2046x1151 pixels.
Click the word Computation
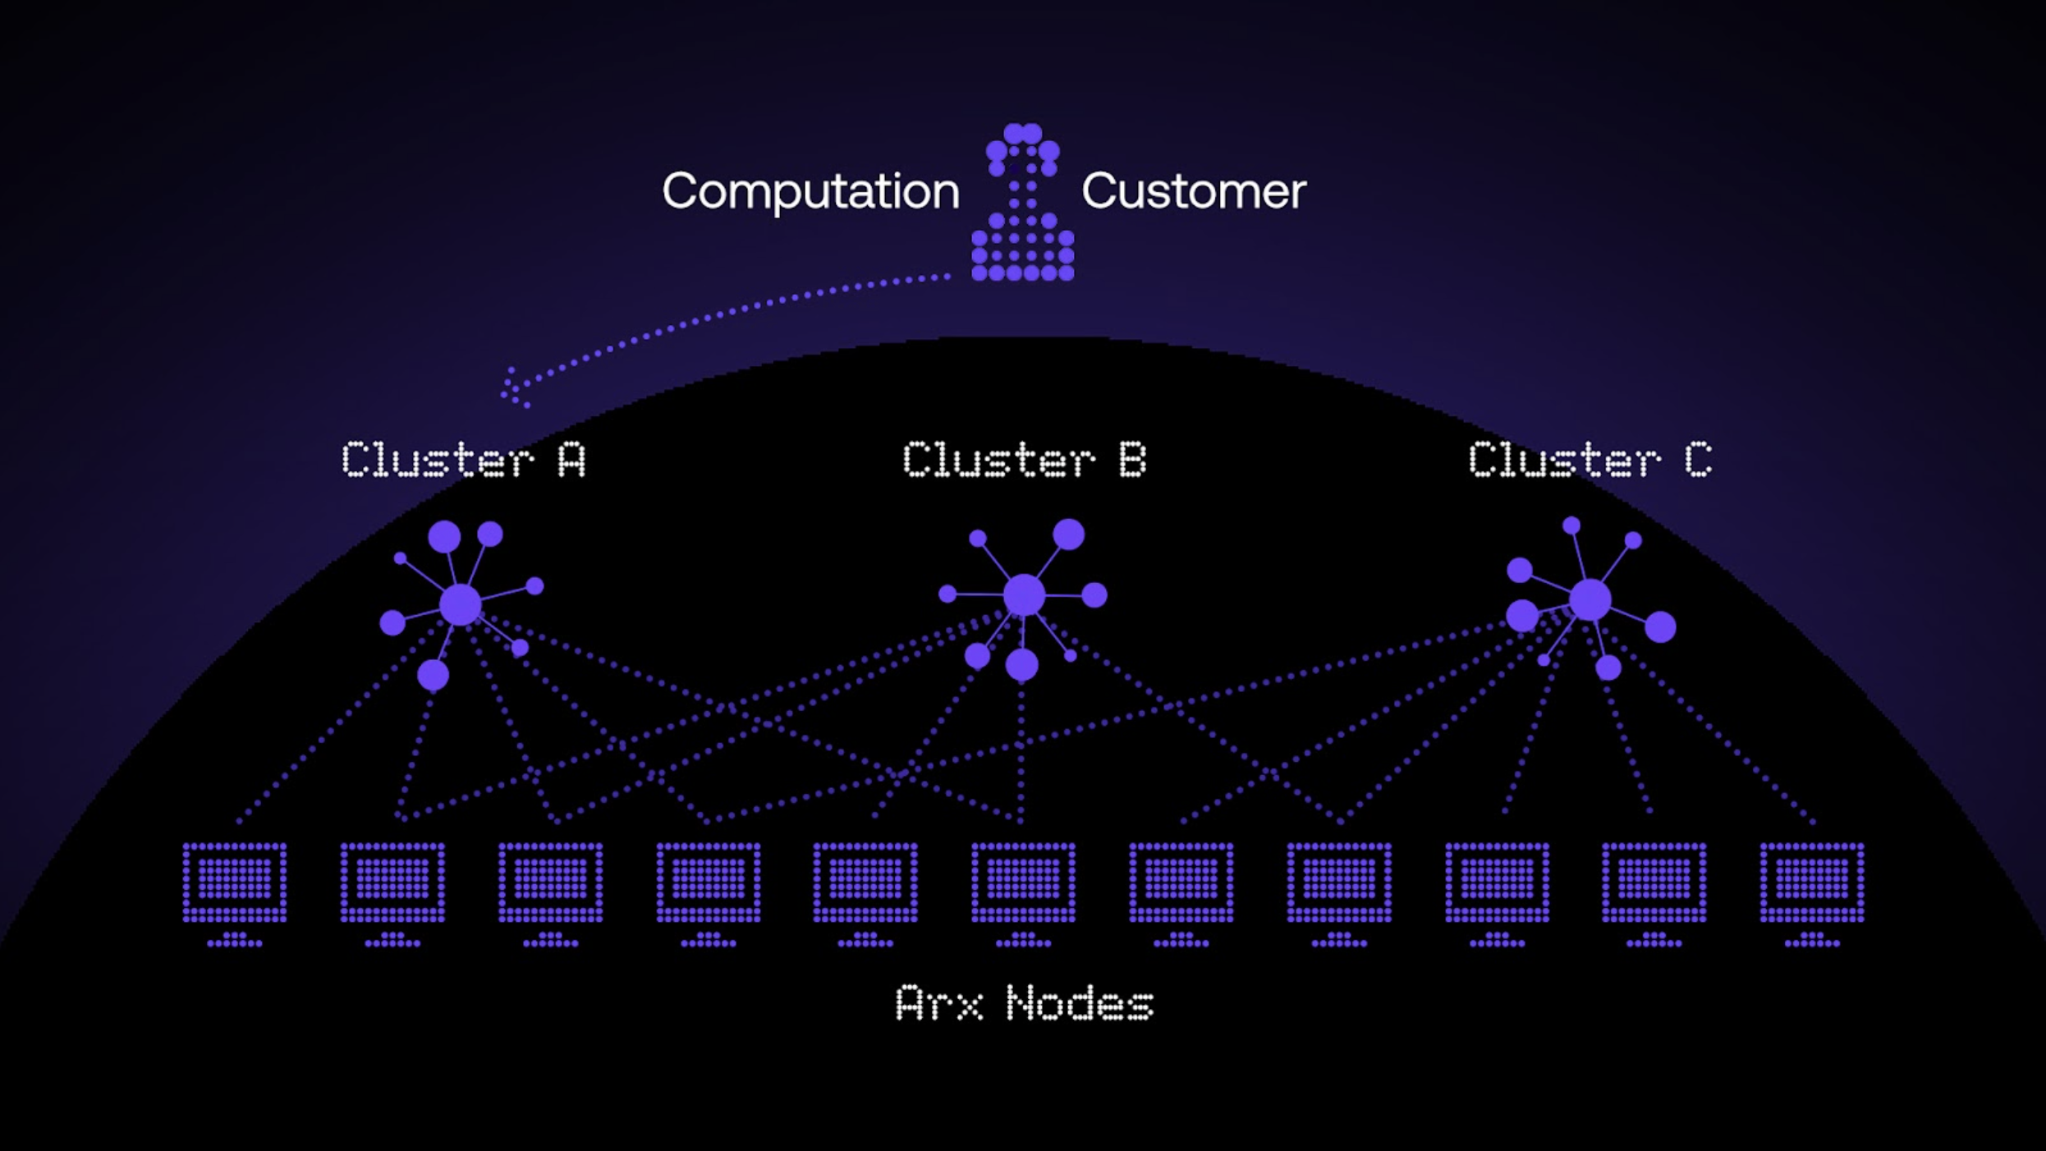810,192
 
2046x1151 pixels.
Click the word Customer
1193,192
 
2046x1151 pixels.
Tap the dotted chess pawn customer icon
1022,205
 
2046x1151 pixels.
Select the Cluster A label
464,460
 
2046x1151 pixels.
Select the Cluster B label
1024,460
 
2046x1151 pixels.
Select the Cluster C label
1590,460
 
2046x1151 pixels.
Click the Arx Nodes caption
1024,1003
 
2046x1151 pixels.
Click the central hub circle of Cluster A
461,605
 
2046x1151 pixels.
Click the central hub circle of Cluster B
1024,594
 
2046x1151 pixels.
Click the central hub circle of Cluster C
1590,599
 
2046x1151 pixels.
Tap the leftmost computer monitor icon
235,883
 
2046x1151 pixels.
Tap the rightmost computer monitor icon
1812,883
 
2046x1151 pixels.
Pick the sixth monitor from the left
1023,883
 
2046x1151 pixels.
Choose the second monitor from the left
392,883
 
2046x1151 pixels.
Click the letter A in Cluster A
572,460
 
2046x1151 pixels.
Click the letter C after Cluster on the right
1698,460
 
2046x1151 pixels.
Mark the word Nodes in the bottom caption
1080,1003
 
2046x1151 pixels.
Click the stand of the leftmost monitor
235,939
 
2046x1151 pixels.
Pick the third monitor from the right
1497,883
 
